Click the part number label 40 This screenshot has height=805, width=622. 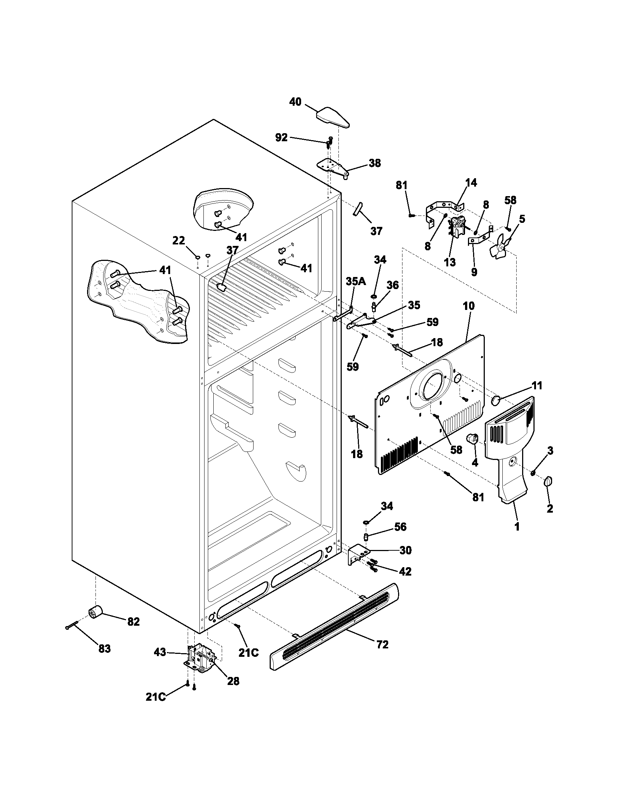point(295,102)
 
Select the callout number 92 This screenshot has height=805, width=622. point(281,138)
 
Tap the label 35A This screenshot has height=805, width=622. point(356,282)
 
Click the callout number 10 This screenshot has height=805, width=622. point(469,306)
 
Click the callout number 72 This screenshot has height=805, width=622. point(382,645)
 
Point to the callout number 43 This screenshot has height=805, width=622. point(160,652)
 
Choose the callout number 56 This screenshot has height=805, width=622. point(400,527)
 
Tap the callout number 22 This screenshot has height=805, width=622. point(179,241)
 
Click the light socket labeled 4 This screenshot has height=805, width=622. point(472,439)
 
